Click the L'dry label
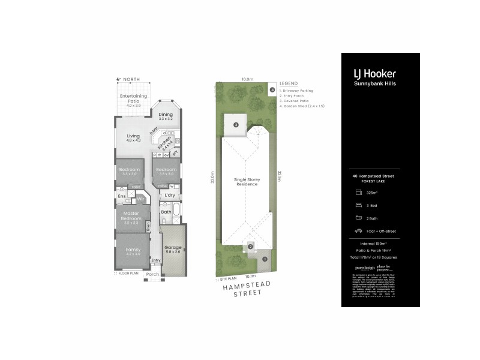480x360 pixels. coord(170,195)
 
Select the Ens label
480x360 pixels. coord(121,196)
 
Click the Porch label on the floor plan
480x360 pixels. coord(153,274)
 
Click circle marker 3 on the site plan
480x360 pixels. coord(236,125)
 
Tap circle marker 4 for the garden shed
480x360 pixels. coord(272,91)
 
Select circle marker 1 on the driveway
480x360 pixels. coord(264,259)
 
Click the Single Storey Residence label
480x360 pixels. coord(246,182)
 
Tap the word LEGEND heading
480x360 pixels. coord(289,83)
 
